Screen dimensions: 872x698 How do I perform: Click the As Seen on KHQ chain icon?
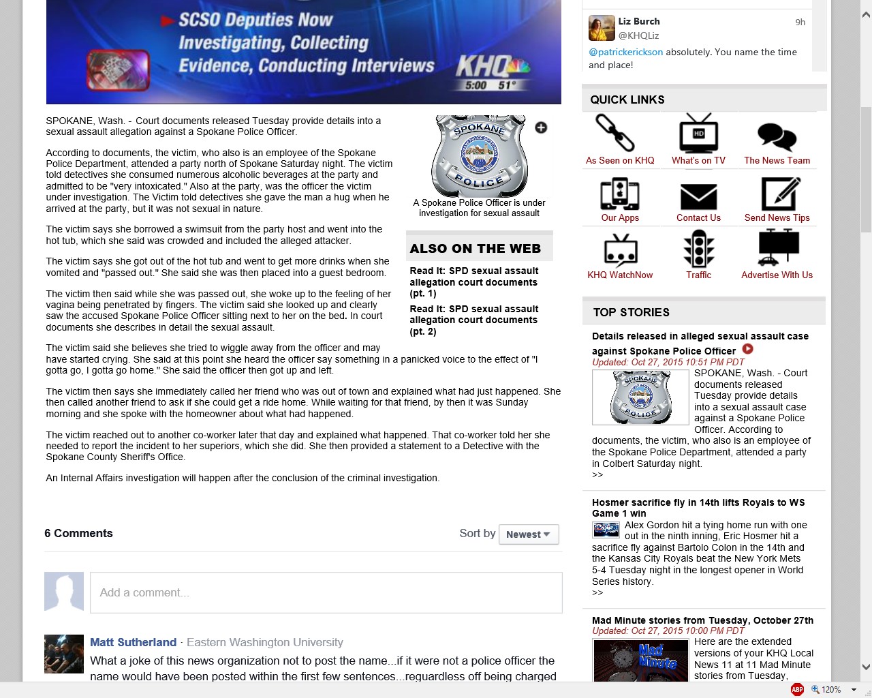point(614,132)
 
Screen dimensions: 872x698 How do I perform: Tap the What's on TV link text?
point(698,160)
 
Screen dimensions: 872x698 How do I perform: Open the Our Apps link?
point(620,217)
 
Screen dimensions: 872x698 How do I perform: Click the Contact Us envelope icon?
point(698,196)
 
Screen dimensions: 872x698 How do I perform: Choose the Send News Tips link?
point(777,217)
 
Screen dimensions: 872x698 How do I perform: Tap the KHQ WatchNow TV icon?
point(621,249)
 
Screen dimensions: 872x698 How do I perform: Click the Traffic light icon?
point(698,249)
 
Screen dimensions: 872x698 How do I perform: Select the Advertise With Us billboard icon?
point(778,247)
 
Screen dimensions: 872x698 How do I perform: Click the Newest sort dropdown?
point(529,534)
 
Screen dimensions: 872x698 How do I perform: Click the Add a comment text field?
point(326,592)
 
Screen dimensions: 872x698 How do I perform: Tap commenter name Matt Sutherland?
point(133,642)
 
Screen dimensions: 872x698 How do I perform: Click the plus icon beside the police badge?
point(541,127)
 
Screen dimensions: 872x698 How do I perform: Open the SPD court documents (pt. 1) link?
point(473,282)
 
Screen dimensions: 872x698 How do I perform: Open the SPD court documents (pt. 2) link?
point(473,320)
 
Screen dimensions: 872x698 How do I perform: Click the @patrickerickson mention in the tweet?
point(625,52)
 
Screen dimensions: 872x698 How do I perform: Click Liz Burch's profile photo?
point(602,28)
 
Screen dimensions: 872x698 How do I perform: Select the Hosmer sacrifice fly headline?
point(698,508)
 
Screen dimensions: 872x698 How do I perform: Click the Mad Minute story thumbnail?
point(640,659)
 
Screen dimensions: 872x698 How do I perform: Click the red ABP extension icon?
point(797,689)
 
